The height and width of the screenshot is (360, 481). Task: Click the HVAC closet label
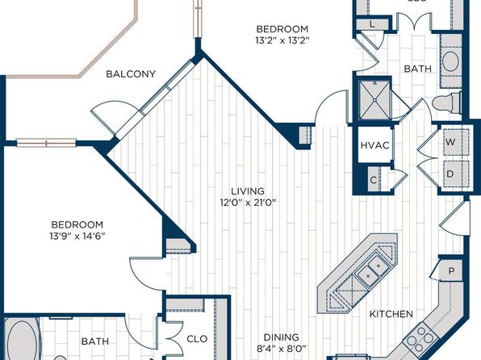pyautogui.click(x=374, y=145)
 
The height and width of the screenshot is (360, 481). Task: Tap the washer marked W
pyautogui.click(x=456, y=142)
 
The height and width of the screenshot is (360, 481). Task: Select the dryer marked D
pyautogui.click(x=456, y=174)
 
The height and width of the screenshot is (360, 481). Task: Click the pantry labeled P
pyautogui.click(x=451, y=270)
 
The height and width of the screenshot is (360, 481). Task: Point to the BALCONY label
pyautogui.click(x=131, y=74)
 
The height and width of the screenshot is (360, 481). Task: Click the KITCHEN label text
pyautogui.click(x=391, y=314)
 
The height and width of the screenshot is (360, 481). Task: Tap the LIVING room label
pyautogui.click(x=248, y=191)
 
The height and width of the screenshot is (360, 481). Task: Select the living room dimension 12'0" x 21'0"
pyautogui.click(x=248, y=203)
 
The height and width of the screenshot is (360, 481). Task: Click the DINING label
pyautogui.click(x=282, y=337)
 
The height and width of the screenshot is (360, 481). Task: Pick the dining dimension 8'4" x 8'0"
pyautogui.click(x=282, y=349)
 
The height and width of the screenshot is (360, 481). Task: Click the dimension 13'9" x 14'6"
pyautogui.click(x=77, y=236)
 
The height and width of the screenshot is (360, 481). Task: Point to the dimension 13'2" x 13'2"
pyautogui.click(x=282, y=40)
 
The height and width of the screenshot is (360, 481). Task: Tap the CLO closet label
pyautogui.click(x=197, y=339)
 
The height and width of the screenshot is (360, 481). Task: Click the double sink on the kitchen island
pyautogui.click(x=372, y=270)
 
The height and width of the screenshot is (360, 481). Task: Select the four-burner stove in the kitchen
pyautogui.click(x=419, y=337)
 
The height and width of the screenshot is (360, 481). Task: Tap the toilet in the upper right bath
pyautogui.click(x=446, y=103)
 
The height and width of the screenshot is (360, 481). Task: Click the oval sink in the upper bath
pyautogui.click(x=450, y=61)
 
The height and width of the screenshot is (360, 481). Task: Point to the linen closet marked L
pyautogui.click(x=372, y=24)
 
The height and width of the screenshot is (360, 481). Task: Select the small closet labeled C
pyautogui.click(x=374, y=180)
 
